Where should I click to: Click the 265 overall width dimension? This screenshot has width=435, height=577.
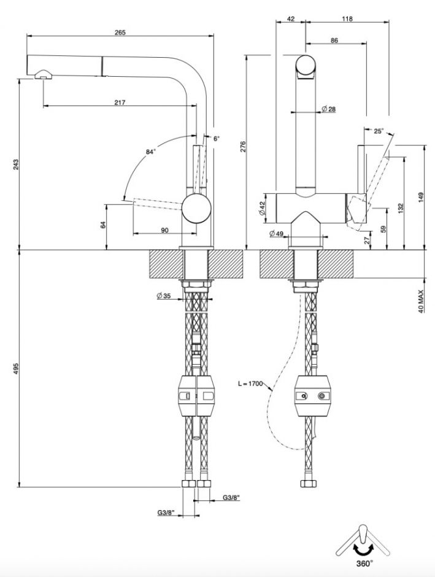click(x=120, y=33)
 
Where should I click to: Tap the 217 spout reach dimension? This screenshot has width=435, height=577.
click(x=120, y=103)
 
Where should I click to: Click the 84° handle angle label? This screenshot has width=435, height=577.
click(x=151, y=151)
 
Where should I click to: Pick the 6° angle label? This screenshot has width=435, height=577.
click(x=216, y=139)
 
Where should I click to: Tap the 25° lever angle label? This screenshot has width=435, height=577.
click(x=378, y=131)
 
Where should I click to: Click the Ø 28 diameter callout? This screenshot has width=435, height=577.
click(x=328, y=109)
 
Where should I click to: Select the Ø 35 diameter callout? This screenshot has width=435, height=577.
click(x=164, y=296)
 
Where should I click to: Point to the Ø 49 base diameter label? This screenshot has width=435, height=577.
click(x=276, y=233)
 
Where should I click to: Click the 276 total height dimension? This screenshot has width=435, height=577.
click(x=243, y=146)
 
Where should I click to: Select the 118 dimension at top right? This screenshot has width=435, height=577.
click(x=347, y=19)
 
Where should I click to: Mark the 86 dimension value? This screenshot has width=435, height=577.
click(x=334, y=41)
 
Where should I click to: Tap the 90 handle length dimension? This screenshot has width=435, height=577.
click(x=164, y=230)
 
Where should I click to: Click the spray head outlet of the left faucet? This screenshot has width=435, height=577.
click(x=43, y=76)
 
